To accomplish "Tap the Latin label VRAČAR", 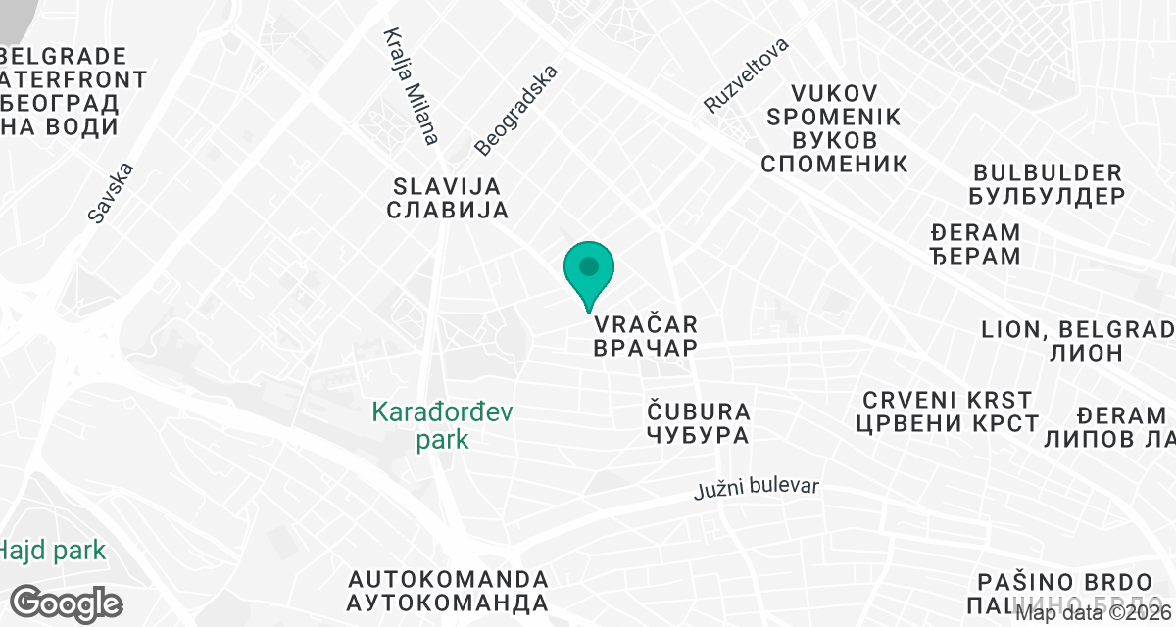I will point(645,323).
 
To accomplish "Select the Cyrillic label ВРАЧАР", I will point(645,348).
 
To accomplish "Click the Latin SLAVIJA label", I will point(447,186).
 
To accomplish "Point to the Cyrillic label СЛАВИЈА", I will point(447,210).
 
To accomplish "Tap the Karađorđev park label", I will point(442,425).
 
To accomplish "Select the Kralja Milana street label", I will point(411,86).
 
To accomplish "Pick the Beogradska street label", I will point(515,111).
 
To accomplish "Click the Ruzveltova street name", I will point(746,75).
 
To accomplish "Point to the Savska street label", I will point(110,193).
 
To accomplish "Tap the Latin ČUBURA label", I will point(699,410).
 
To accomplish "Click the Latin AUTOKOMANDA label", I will point(447,577).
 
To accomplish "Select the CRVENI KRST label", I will point(947,400).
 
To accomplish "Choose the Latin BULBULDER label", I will point(1046,172).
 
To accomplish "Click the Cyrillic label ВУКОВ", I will point(833,140).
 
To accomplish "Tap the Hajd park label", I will point(53,551).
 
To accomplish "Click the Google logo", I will point(67,602).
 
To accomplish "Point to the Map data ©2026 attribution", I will point(1093,614).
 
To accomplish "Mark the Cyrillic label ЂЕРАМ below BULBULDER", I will point(974,257).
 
